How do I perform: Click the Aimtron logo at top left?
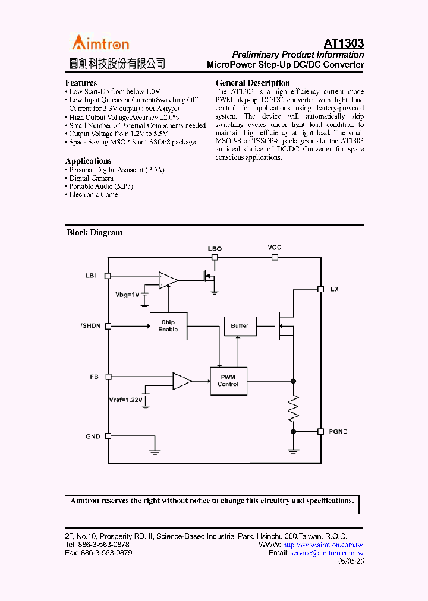pyautogui.click(x=100, y=43)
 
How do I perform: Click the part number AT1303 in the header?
pyautogui.click(x=344, y=43)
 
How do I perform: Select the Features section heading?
pyautogui.click(x=81, y=83)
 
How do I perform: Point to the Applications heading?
pyautogui.click(x=88, y=161)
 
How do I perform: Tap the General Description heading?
pyautogui.click(x=253, y=83)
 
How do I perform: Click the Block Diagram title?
pyautogui.click(x=95, y=233)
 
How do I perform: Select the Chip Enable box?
pyautogui.click(x=168, y=326)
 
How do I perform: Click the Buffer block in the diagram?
pyautogui.click(x=240, y=326)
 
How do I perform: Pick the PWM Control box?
pyautogui.click(x=228, y=381)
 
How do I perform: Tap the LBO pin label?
pyautogui.click(x=215, y=249)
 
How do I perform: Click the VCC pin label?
pyautogui.click(x=274, y=247)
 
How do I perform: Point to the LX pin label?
pyautogui.click(x=335, y=289)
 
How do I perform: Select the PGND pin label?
pyautogui.click(x=339, y=431)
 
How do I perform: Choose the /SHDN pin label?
pyautogui.click(x=90, y=325)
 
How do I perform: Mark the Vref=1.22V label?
pyautogui.click(x=125, y=400)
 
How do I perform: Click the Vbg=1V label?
pyautogui.click(x=127, y=295)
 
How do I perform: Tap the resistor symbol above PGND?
pyautogui.click(x=292, y=409)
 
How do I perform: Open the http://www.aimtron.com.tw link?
pyautogui.click(x=323, y=545)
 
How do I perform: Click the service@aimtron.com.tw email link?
pyautogui.click(x=327, y=553)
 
